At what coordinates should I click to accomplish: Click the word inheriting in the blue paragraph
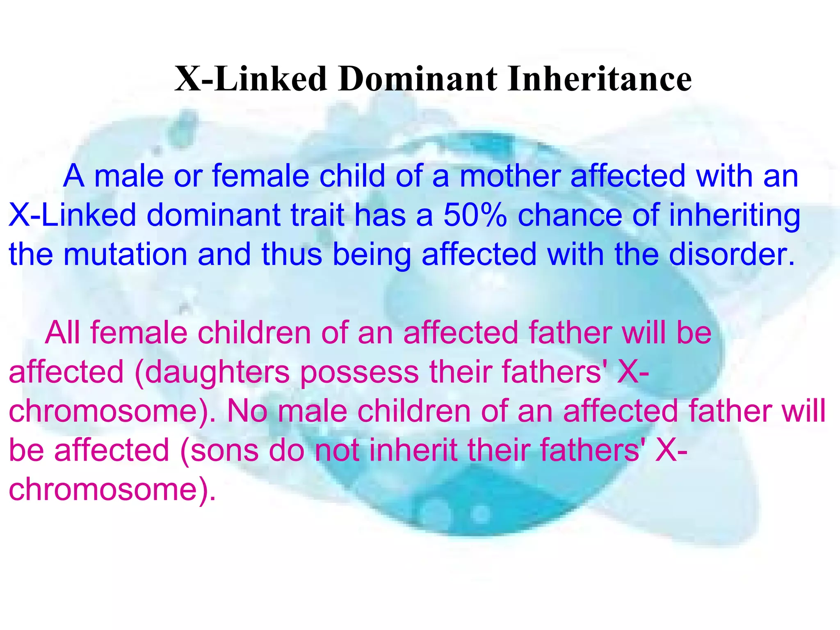(734, 216)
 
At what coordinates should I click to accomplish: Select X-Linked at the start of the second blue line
(72, 216)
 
